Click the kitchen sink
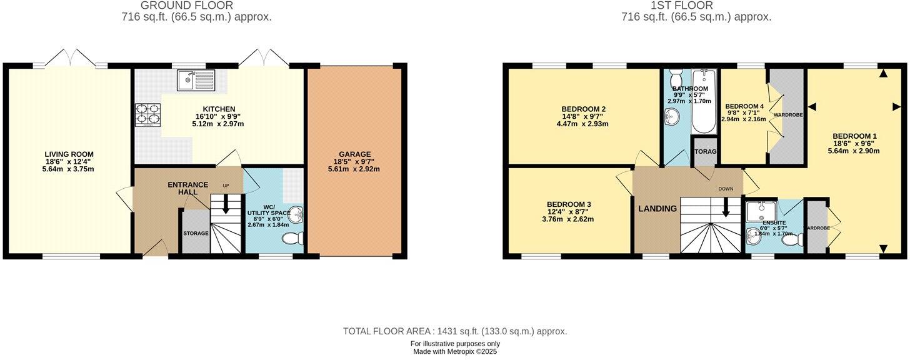(x=196, y=80)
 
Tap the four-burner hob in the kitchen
(x=147, y=114)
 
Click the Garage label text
(x=355, y=154)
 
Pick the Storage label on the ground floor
(x=196, y=233)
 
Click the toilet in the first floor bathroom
(x=676, y=79)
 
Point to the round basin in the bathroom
(x=671, y=116)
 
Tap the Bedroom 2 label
(x=583, y=109)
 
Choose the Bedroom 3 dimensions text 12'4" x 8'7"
(x=569, y=212)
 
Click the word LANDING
(x=657, y=209)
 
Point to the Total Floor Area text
(x=454, y=331)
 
